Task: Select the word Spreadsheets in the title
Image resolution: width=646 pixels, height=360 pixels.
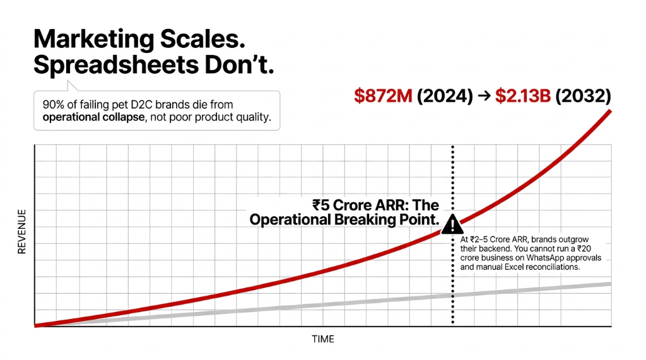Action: pos(105,66)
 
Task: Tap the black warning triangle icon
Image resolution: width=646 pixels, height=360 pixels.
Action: pos(452,224)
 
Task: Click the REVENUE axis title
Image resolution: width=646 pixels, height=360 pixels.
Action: pos(22,232)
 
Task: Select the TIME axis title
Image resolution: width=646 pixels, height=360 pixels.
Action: pos(322,339)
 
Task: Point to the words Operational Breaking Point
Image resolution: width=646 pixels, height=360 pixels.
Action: pos(344,220)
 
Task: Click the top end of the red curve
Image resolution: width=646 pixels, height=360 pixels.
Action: pos(610,111)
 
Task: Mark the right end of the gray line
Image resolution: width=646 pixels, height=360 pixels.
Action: pos(610,284)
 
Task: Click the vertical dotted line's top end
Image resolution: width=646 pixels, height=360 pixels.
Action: pos(452,147)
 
